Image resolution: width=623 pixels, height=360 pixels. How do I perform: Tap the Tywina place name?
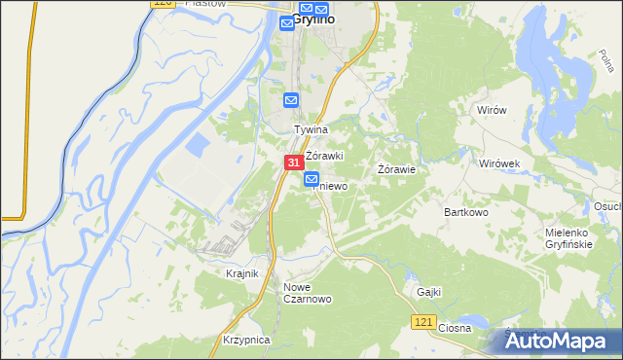[x=312, y=128]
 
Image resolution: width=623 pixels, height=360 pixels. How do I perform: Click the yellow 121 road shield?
[x=421, y=321]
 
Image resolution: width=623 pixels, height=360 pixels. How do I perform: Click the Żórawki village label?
[x=325, y=156]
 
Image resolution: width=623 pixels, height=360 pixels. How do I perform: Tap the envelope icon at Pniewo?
[x=311, y=179]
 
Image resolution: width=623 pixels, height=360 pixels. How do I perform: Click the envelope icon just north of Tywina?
[x=291, y=99]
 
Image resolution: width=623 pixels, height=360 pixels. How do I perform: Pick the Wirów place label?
[x=492, y=110]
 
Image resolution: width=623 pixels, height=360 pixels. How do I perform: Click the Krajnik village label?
[x=241, y=274]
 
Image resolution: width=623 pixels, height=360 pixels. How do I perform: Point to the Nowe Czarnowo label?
[x=308, y=293]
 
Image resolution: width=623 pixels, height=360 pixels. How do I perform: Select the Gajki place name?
[x=429, y=291]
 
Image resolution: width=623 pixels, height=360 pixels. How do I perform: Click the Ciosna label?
[x=455, y=328]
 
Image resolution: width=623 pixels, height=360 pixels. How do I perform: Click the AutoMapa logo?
[x=561, y=341]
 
